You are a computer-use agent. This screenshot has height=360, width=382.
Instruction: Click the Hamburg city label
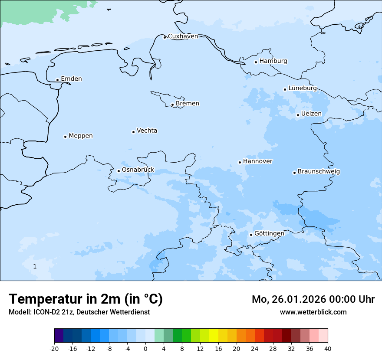(x=273, y=61)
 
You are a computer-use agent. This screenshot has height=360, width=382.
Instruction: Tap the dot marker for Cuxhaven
(x=165, y=37)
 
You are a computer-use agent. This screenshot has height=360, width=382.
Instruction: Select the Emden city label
(x=71, y=79)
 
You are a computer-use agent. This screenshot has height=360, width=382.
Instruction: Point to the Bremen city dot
(x=172, y=105)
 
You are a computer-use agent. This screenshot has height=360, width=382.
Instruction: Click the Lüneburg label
(x=302, y=88)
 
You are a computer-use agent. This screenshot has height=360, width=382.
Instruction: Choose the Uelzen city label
(x=311, y=114)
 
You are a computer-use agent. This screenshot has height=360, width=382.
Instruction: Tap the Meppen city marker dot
(x=65, y=137)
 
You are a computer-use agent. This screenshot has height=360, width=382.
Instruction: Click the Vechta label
(x=147, y=131)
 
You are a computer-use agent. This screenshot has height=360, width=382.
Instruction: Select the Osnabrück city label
(x=138, y=170)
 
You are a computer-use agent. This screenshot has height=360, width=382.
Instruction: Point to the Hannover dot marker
(x=240, y=162)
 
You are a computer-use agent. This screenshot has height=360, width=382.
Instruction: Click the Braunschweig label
(x=319, y=172)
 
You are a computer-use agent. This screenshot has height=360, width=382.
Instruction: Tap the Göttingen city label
(x=269, y=233)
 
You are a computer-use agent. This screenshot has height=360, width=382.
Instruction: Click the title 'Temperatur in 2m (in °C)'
(x=86, y=299)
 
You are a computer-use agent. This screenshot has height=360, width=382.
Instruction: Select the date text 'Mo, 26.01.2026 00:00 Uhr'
(x=313, y=299)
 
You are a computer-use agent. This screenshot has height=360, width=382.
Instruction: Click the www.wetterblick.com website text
(x=313, y=312)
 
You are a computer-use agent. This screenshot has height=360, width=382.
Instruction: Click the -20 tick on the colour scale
(x=54, y=349)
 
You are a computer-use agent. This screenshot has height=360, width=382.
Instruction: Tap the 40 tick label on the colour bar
(x=328, y=349)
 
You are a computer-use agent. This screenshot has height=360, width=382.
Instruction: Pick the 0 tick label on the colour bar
(x=145, y=349)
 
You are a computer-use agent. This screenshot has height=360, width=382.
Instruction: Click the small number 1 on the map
(x=35, y=266)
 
